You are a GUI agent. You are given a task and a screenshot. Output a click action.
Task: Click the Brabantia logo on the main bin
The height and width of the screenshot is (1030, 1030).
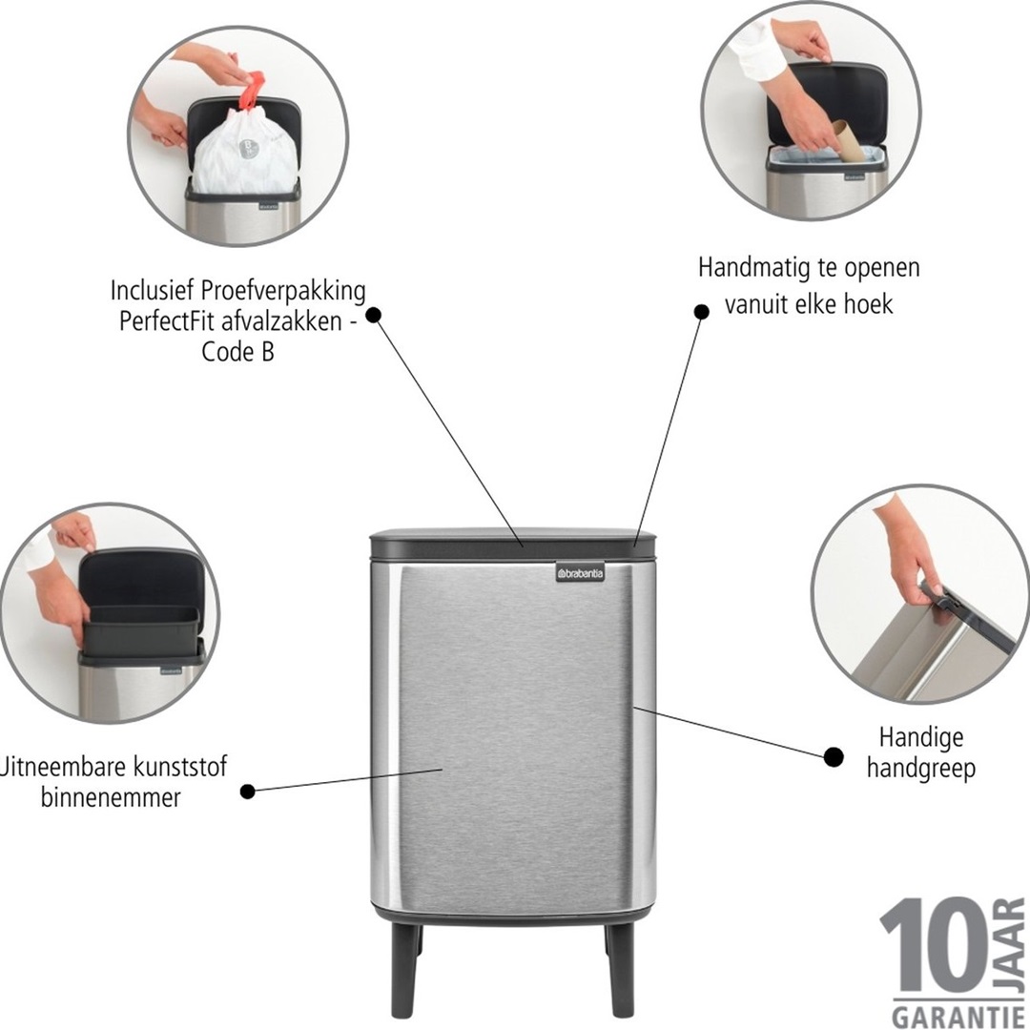click(581, 572)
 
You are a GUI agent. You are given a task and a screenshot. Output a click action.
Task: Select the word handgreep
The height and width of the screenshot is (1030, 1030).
click(921, 769)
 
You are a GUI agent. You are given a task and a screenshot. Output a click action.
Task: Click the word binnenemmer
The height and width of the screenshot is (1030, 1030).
click(111, 797)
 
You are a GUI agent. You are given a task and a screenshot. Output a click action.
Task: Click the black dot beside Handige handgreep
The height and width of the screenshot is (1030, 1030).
click(834, 757)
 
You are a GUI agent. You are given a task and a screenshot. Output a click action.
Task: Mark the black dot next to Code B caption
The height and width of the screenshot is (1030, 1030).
click(374, 314)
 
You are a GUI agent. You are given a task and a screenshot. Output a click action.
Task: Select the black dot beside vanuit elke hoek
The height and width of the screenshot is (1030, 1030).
click(701, 311)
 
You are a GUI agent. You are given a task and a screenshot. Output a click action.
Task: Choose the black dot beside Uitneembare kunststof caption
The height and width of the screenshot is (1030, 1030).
click(248, 791)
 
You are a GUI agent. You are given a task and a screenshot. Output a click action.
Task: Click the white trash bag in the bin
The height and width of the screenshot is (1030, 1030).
click(243, 153)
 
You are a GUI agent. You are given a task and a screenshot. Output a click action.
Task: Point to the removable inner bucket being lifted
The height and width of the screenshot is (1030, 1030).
click(141, 629)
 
